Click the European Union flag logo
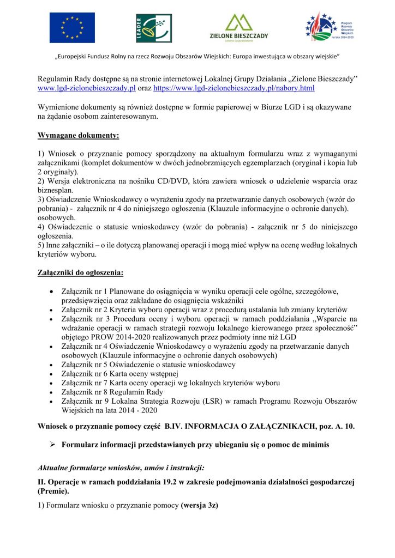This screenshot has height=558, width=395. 72,27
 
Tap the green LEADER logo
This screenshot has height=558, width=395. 154,28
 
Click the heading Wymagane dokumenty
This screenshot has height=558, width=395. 79,134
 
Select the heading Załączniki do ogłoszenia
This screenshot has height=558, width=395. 80,271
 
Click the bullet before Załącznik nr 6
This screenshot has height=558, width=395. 51,373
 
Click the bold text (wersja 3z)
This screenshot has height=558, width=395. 200,506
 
